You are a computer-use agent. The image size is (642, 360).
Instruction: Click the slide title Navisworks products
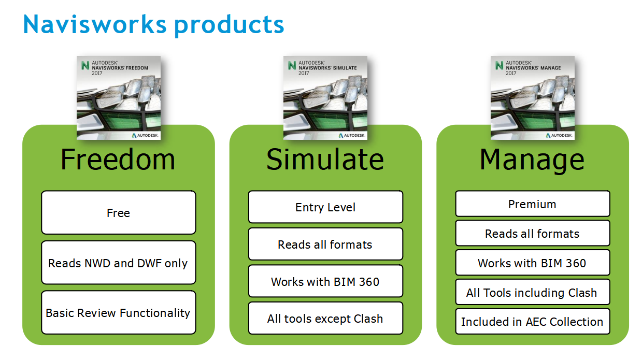click(x=153, y=24)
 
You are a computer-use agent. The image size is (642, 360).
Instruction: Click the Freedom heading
click(x=118, y=159)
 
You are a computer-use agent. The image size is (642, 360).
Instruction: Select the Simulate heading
click(x=325, y=159)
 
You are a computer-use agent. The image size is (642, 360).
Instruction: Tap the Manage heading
click(x=532, y=159)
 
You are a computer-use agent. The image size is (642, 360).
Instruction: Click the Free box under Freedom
click(x=119, y=213)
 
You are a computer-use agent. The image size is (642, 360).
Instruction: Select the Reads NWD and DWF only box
click(x=119, y=263)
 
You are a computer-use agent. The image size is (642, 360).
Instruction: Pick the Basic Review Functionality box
click(x=119, y=313)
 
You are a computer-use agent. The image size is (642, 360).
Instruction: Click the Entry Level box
click(x=325, y=207)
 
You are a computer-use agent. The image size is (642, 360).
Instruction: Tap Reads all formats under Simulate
click(x=325, y=244)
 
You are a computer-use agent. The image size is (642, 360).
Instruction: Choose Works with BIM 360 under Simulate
click(x=325, y=282)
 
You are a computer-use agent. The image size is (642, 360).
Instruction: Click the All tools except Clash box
click(x=325, y=319)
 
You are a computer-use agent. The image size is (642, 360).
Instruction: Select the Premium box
click(x=533, y=204)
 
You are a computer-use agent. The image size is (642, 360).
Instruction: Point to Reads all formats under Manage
click(x=533, y=234)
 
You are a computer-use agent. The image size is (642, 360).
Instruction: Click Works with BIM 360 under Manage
click(x=533, y=263)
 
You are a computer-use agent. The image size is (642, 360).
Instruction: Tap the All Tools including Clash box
click(x=533, y=293)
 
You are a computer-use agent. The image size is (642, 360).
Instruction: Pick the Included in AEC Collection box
click(x=533, y=322)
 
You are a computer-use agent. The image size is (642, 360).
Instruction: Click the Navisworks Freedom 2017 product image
click(x=119, y=98)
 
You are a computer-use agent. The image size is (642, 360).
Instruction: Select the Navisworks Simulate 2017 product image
click(x=325, y=98)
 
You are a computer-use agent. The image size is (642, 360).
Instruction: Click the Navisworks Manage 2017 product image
click(x=533, y=98)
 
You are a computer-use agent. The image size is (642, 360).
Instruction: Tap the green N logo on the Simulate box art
click(x=292, y=66)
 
